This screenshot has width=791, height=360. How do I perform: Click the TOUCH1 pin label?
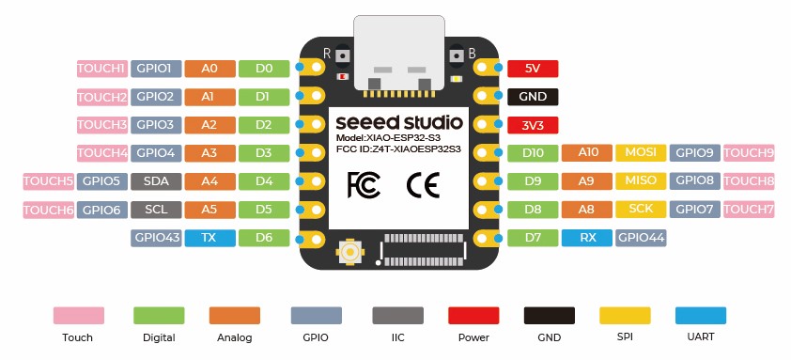(x=101, y=69)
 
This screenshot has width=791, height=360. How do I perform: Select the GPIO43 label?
(x=156, y=238)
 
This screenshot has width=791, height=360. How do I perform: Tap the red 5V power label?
(x=533, y=69)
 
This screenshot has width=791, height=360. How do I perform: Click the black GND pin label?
(x=533, y=97)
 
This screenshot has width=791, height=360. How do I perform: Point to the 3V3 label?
(x=533, y=125)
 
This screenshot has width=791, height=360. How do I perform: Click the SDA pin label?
(x=156, y=180)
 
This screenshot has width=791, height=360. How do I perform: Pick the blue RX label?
(x=587, y=238)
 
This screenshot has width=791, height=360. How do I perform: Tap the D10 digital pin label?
(x=533, y=152)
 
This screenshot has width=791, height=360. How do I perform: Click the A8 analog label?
(x=587, y=209)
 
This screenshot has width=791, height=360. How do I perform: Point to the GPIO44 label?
(x=641, y=238)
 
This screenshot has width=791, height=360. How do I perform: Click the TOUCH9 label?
(x=749, y=152)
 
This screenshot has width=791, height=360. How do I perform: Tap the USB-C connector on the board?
(x=405, y=55)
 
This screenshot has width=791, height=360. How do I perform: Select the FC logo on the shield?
(x=364, y=184)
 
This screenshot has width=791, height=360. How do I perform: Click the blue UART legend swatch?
(x=701, y=317)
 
